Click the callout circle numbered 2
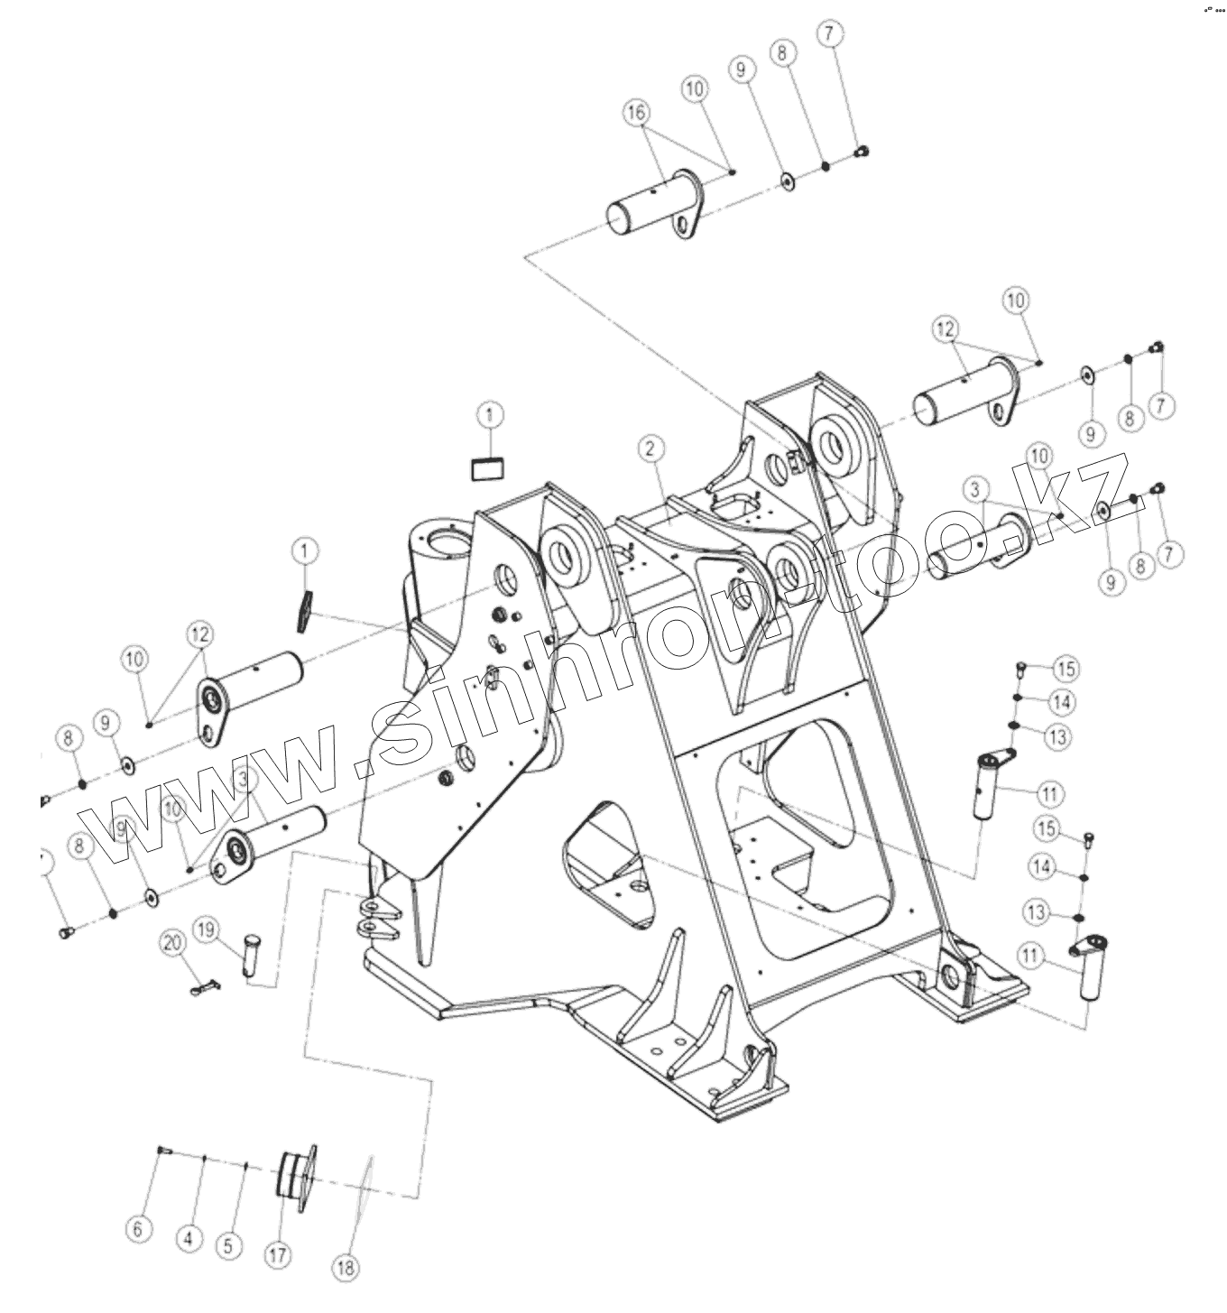coord(650,448)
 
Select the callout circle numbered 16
coord(636,113)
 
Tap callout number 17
coord(277,1253)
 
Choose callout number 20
coord(171,943)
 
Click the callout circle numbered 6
coord(137,1228)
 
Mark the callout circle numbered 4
coord(188,1239)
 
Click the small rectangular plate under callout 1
coord(488,469)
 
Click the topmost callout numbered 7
coord(830,34)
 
